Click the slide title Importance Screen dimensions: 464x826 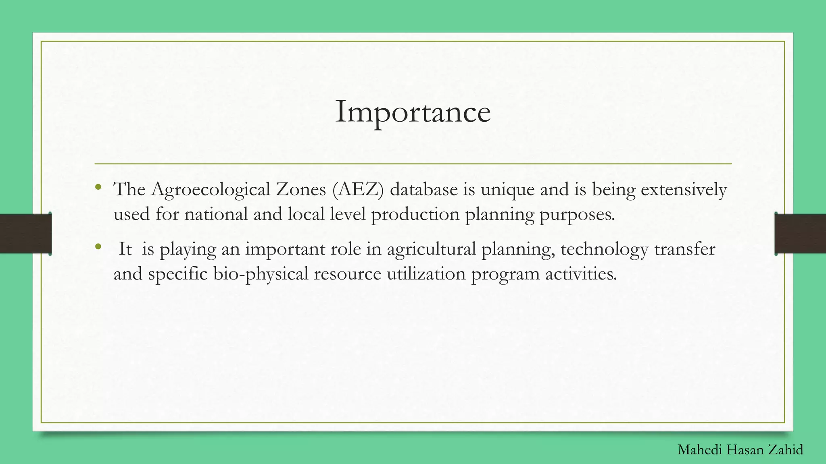tap(413, 112)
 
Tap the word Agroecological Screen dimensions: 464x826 tap(210, 189)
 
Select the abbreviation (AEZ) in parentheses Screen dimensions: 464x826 tap(358, 189)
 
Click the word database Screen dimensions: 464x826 tap(423, 189)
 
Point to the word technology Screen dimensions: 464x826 tap(604, 249)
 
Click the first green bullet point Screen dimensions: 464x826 tap(98, 187)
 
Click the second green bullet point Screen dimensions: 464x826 tap(98, 246)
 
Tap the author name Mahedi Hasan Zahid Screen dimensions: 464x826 tap(740, 449)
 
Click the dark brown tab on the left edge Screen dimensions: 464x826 tap(25, 234)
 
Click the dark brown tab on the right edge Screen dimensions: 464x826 tap(800, 234)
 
